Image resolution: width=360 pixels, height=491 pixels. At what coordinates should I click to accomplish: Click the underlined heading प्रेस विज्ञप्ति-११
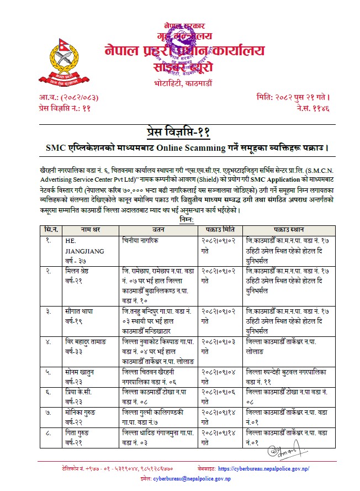pyautogui.click(x=180, y=132)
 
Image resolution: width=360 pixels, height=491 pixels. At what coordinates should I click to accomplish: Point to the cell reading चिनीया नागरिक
pyautogui.click(x=143, y=241)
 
